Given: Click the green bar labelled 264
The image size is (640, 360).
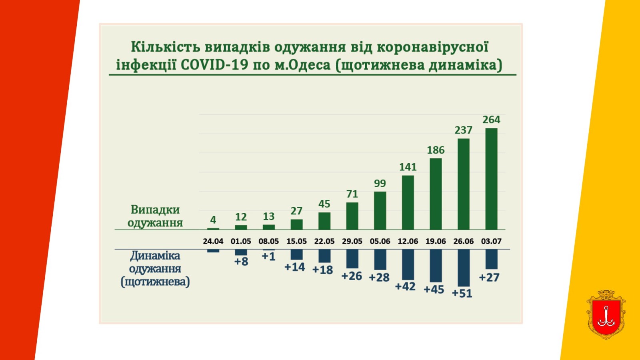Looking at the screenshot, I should pyautogui.click(x=491, y=179).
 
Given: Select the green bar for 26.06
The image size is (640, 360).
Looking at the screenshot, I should pyautogui.click(x=463, y=184).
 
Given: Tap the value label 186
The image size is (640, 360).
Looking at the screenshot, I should pyautogui.click(x=436, y=150).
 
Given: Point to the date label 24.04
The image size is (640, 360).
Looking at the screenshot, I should pyautogui.click(x=213, y=241).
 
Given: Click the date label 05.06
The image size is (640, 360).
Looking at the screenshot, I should pyautogui.click(x=380, y=241).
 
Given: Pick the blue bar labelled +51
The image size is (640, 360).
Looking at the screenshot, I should pyautogui.click(x=463, y=268).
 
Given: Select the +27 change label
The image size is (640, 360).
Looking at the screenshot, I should pyautogui.click(x=489, y=277).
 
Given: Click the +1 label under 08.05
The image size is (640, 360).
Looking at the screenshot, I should pyautogui.click(x=268, y=256).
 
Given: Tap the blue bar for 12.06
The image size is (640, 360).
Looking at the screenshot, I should pyautogui.click(x=408, y=264).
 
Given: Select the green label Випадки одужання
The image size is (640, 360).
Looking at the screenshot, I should pyautogui.click(x=155, y=216).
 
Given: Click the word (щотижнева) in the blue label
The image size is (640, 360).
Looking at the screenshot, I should pyautogui.click(x=155, y=282).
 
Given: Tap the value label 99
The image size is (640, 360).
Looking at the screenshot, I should pyautogui.click(x=380, y=183).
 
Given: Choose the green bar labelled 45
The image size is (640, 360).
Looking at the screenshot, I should pyautogui.click(x=324, y=221).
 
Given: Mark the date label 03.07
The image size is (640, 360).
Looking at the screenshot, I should pyautogui.click(x=491, y=241).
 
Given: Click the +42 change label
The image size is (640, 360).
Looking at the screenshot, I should pyautogui.click(x=405, y=286).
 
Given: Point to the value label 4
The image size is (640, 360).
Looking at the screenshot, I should pyautogui.click(x=213, y=220).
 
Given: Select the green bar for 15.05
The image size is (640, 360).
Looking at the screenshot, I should pyautogui.click(x=296, y=224).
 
